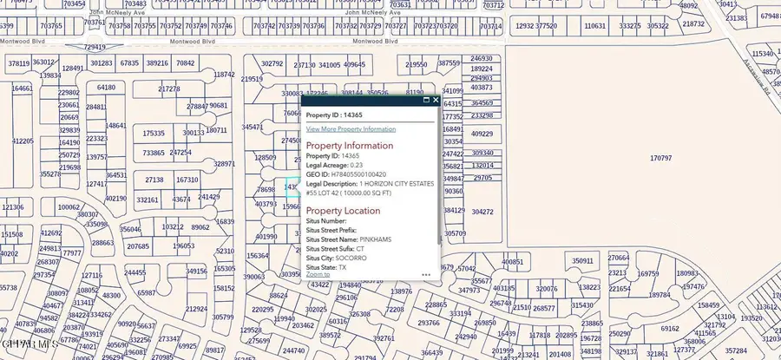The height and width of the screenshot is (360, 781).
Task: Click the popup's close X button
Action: (x=436, y=100)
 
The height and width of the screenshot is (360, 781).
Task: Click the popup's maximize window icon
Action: (x=426, y=100)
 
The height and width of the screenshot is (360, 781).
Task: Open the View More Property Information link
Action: (x=351, y=128)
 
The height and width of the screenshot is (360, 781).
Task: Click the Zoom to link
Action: (x=318, y=274)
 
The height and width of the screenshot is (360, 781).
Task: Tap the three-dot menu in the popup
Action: (x=426, y=274)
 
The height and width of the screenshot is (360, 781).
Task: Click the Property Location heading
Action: (x=343, y=211)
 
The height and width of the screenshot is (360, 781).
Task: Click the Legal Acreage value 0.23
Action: (x=356, y=165)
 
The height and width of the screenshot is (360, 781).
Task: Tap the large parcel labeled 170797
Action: (x=660, y=159)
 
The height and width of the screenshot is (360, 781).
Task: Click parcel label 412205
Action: (x=23, y=141)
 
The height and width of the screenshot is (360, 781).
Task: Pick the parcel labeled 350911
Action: (x=583, y=260)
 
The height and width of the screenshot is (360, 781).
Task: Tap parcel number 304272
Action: (x=482, y=212)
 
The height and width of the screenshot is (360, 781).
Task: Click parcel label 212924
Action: (x=197, y=309)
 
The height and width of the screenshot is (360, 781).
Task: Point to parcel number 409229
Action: (x=482, y=134)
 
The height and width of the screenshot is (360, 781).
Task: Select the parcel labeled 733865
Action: (x=154, y=153)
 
